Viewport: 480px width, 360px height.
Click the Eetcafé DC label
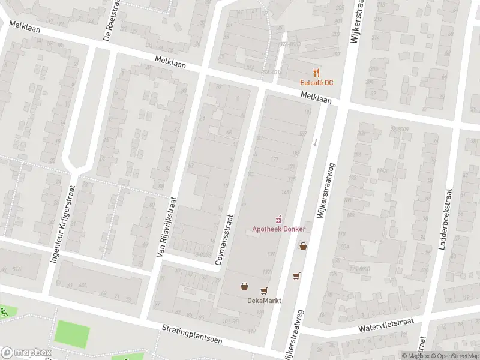click(317, 82)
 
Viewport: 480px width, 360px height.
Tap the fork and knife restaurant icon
click(317, 72)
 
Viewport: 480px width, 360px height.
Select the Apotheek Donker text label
click(278, 229)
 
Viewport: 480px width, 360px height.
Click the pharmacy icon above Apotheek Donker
click(278, 219)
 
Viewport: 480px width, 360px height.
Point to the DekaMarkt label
click(264, 301)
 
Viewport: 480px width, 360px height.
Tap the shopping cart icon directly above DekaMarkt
click(263, 291)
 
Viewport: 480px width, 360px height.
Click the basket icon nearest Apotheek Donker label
click(303, 245)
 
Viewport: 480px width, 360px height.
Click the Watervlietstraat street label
click(388, 324)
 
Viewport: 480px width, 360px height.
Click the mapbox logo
click(25, 352)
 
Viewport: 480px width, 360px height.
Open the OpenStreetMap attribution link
click(455, 356)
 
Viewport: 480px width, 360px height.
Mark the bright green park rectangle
click(73, 334)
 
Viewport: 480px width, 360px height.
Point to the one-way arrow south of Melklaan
click(314, 142)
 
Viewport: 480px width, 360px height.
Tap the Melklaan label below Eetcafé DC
click(316, 98)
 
